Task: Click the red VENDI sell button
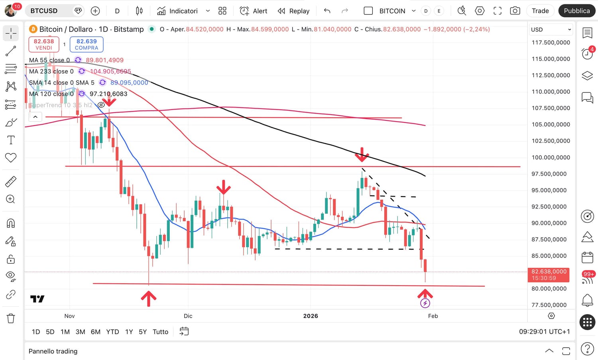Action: pos(44,44)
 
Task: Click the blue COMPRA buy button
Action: pos(87,44)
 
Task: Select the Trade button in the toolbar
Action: pos(540,11)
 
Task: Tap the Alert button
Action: pos(254,11)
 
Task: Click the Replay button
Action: pos(294,11)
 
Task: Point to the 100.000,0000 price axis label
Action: pos(551,157)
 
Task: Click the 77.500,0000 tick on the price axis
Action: pos(549,305)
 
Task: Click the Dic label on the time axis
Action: pos(188,316)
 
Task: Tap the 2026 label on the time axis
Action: pos(311,316)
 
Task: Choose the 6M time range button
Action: pos(96,332)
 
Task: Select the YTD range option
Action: pos(112,332)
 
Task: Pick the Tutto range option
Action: pos(160,332)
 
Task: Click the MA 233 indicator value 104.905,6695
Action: pos(110,71)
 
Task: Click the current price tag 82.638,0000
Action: pos(549,271)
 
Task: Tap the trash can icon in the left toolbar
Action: pos(11,318)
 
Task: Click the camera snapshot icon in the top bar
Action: pos(515,11)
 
